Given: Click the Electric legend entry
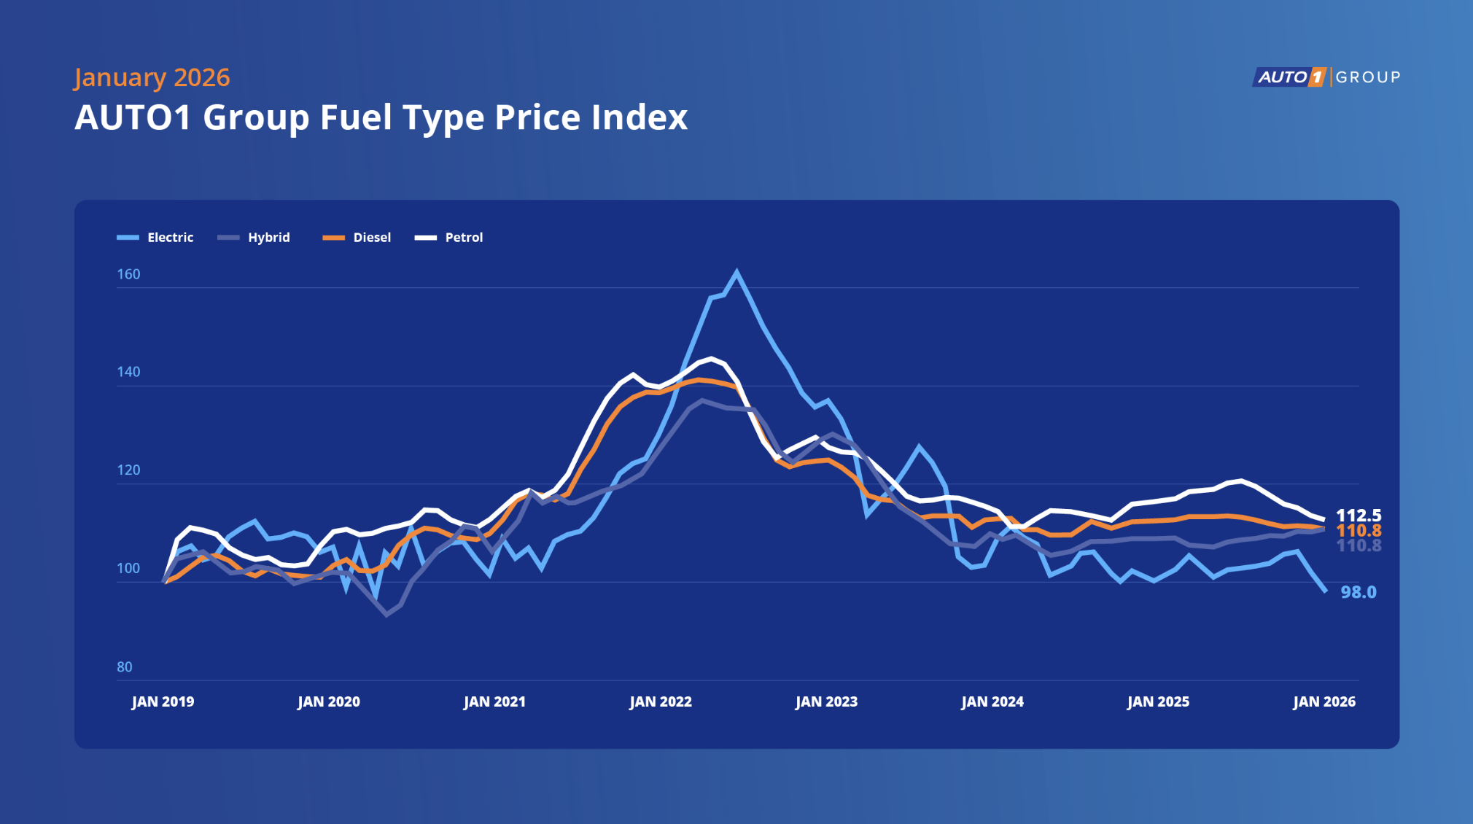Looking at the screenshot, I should (x=156, y=238).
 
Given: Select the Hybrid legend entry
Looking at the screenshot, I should (x=254, y=238).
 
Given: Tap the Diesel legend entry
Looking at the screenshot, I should (x=357, y=238).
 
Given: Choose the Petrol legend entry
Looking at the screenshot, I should (x=449, y=238).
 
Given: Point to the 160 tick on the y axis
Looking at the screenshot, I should (x=128, y=274).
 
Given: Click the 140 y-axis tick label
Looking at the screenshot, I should (x=128, y=372).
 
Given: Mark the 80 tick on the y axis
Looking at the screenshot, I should (x=125, y=666).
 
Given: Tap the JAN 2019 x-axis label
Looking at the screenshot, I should (x=163, y=701).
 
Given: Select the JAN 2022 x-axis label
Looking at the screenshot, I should (x=661, y=701).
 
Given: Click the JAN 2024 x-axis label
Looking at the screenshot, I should (x=992, y=701).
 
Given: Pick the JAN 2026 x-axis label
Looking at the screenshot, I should (x=1324, y=701).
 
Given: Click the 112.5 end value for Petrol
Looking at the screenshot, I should (x=1359, y=516).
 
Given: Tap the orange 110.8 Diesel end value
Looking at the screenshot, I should (x=1359, y=531).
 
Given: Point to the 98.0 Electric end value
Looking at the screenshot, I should (x=1359, y=592).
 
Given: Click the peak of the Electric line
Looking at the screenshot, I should (x=736, y=273).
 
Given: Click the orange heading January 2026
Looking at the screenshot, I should (x=152, y=77).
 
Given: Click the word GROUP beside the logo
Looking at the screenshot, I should (x=1368, y=77).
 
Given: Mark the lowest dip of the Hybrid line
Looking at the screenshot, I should (x=387, y=615).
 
